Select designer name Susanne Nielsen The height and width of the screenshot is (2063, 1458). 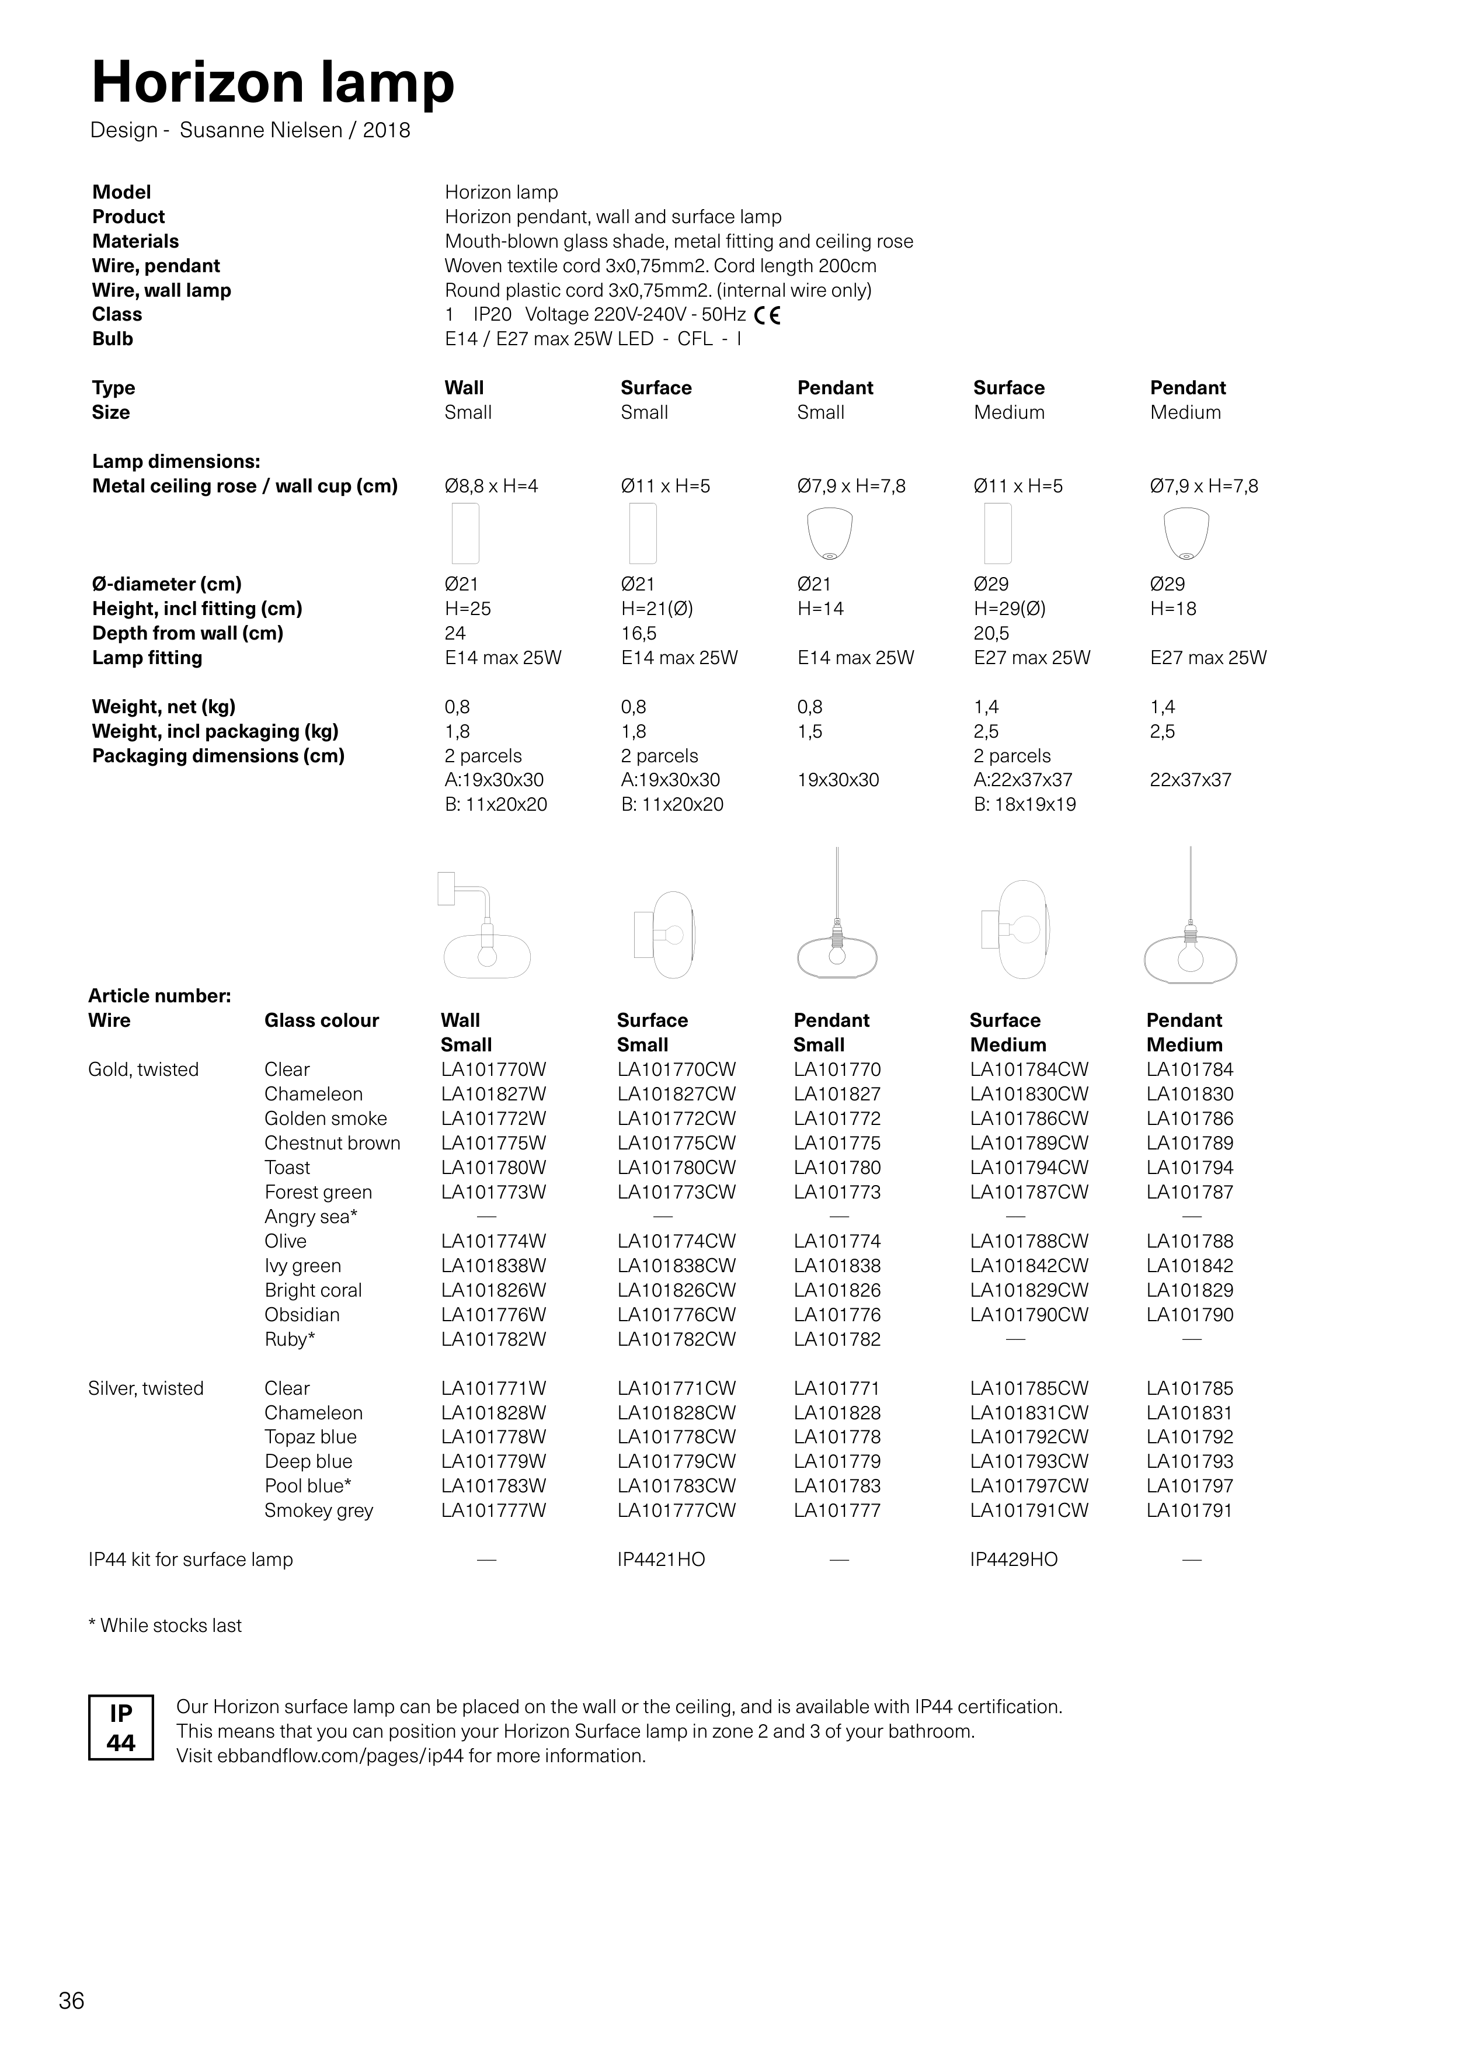pos(260,130)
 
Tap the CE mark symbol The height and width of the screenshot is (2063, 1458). pos(767,315)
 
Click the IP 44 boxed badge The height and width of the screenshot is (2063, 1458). pos(121,1727)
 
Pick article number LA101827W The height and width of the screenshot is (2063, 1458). pos(493,1095)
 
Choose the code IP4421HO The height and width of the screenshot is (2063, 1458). pos(661,1560)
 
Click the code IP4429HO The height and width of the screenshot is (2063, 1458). pos(1013,1560)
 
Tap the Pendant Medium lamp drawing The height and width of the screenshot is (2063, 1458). pos(1191,925)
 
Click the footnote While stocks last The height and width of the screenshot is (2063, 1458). pos(165,1626)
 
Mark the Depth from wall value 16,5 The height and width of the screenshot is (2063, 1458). pos(639,634)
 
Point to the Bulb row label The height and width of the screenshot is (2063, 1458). pos(112,339)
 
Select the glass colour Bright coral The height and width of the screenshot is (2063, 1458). pos(312,1290)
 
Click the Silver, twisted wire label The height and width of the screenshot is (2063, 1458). pos(145,1388)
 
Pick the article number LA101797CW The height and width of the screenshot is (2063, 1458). pos(1029,1486)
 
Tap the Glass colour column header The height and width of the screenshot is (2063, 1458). pos(322,1021)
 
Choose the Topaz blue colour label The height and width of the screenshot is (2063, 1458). pos(310,1437)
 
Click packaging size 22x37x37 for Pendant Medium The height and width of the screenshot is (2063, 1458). pos(1191,780)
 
